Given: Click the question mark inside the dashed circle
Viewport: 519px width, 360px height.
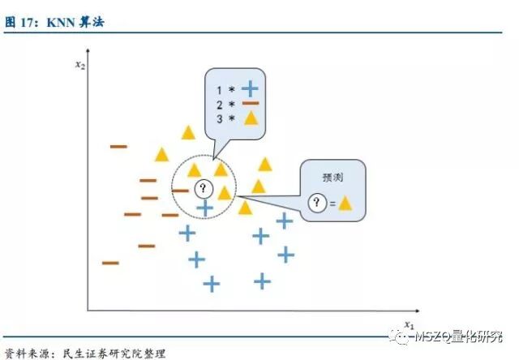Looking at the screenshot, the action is pyautogui.click(x=204, y=190).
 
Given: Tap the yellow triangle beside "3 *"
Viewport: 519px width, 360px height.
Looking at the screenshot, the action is pyautogui.click(x=251, y=118).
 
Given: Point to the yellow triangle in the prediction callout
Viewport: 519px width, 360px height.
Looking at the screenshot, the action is pyautogui.click(x=345, y=204).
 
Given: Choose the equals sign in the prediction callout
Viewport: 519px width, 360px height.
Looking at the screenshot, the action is pyautogui.click(x=332, y=204).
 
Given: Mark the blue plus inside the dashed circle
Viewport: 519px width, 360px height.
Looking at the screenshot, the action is pyautogui.click(x=205, y=209).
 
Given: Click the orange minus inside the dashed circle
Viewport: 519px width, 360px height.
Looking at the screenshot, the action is pyautogui.click(x=181, y=191).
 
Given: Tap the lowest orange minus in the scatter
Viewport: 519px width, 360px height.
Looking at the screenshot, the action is pyautogui.click(x=109, y=263).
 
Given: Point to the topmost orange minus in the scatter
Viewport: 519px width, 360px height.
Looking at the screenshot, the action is pyautogui.click(x=118, y=146).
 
